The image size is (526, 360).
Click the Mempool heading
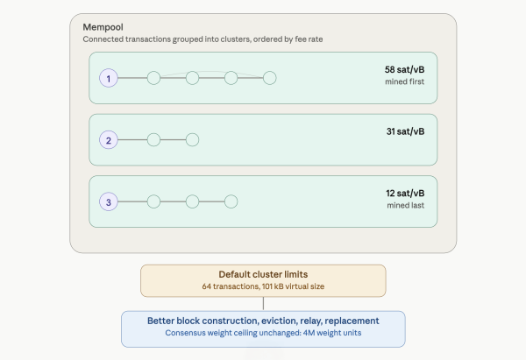(x=103, y=27)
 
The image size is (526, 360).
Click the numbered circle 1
(x=109, y=78)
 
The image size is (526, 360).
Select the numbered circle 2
(x=109, y=140)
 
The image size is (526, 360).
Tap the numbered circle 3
(x=109, y=201)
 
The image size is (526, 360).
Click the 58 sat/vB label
(x=404, y=70)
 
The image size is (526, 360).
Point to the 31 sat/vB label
(x=405, y=131)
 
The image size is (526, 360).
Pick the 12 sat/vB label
(x=405, y=194)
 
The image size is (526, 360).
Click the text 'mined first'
(x=404, y=81)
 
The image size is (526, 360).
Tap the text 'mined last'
(x=406, y=205)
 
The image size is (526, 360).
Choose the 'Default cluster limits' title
(x=263, y=274)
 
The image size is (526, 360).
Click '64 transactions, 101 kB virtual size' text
(x=263, y=286)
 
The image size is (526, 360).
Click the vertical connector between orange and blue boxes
(x=263, y=304)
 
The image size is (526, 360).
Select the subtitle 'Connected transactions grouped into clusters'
(x=167, y=39)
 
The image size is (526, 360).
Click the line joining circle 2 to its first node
(x=132, y=140)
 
